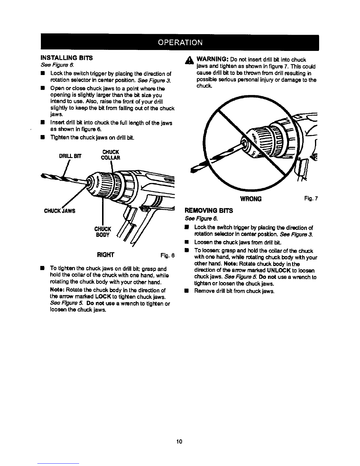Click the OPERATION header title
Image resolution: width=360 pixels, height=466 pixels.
pyautogui.click(x=180, y=42)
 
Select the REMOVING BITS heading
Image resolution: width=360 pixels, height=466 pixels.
pyautogui.click(x=208, y=211)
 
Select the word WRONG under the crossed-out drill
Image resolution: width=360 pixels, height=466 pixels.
pyautogui.click(x=251, y=199)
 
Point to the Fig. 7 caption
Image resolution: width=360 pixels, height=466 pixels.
pyautogui.click(x=311, y=199)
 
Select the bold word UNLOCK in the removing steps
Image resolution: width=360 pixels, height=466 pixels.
pyautogui.click(x=279, y=270)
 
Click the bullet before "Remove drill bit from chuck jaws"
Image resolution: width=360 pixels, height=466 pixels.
pyautogui.click(x=186, y=291)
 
